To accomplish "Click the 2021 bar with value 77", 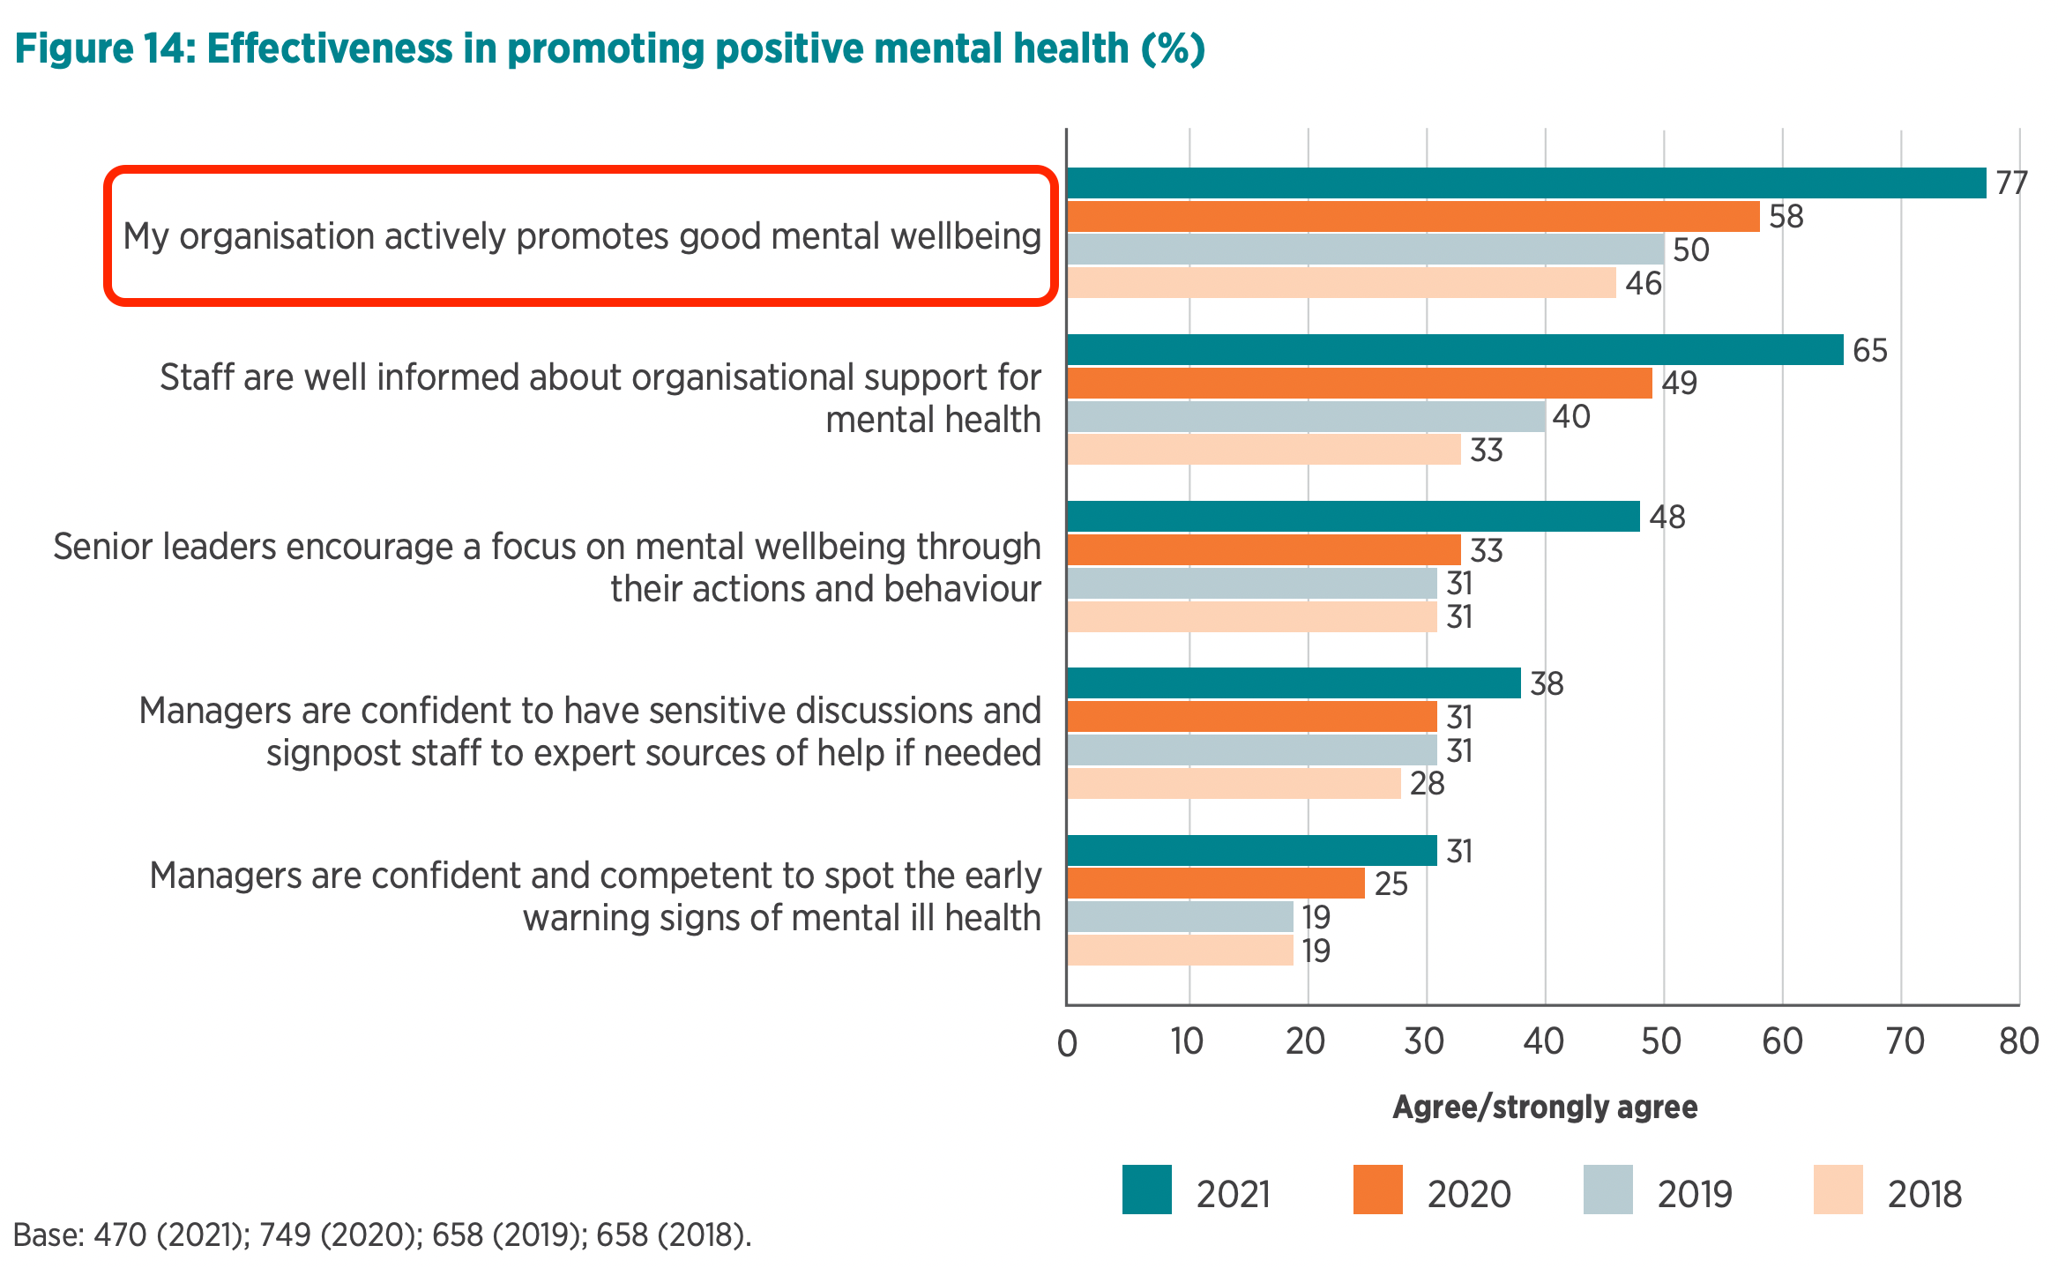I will tap(1525, 183).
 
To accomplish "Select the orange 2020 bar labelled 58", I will tap(1413, 216).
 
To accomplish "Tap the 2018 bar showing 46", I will tap(1341, 283).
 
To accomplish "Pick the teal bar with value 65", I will tap(1455, 349).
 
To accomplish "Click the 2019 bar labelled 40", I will tap(1306, 416).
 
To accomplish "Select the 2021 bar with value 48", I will tap(1353, 517).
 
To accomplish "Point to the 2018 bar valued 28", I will tap(1234, 783).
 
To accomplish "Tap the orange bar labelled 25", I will tap(1216, 884).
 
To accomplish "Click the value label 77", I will tap(2012, 183).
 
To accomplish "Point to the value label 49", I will tap(1679, 384).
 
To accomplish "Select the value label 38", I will tap(1547, 684).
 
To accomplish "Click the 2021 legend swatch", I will tap(1146, 1190).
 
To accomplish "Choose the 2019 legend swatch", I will tap(1607, 1190).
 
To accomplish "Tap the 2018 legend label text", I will tap(1924, 1195).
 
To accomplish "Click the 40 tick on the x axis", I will tap(1544, 1042).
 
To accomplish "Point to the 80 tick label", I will tap(2018, 1042).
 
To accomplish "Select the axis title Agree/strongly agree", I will tap(1545, 1108).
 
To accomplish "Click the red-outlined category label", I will tap(581, 236).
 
